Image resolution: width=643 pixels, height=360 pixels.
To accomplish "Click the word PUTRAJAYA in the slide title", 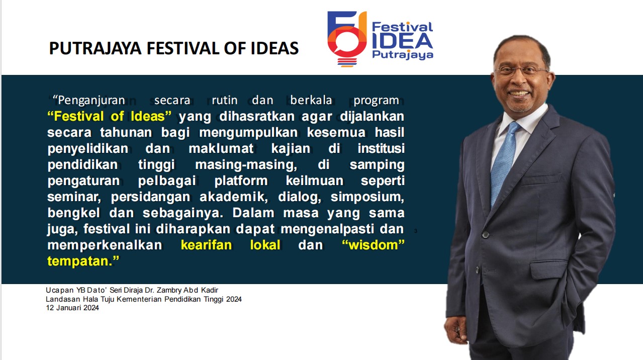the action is pyautogui.click(x=96, y=48).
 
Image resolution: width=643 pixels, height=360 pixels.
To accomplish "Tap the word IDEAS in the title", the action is pyautogui.click(x=274, y=48).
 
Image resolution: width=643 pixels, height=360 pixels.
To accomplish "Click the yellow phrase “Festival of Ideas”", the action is pyautogui.click(x=110, y=116).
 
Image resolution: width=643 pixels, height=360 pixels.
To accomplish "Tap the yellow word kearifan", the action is pyautogui.click(x=207, y=245).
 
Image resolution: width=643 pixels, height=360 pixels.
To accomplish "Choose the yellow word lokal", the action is pyautogui.click(x=265, y=245).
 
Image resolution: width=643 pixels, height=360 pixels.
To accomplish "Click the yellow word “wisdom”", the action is pyautogui.click(x=373, y=245).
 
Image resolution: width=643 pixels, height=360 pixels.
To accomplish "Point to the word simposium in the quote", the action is pyautogui.click(x=368, y=197).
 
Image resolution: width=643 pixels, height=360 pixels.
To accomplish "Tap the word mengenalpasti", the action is pyautogui.click(x=327, y=229).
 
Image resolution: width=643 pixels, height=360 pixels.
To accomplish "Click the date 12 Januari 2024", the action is pyautogui.click(x=72, y=308).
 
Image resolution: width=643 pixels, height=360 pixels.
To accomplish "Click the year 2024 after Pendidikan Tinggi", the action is pyautogui.click(x=234, y=299).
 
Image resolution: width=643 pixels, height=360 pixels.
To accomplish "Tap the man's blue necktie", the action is pyautogui.click(x=504, y=161).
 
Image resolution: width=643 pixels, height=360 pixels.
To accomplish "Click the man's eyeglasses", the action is pyautogui.click(x=521, y=71).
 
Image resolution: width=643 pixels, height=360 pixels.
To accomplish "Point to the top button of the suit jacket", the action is pyautogui.click(x=486, y=235).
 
